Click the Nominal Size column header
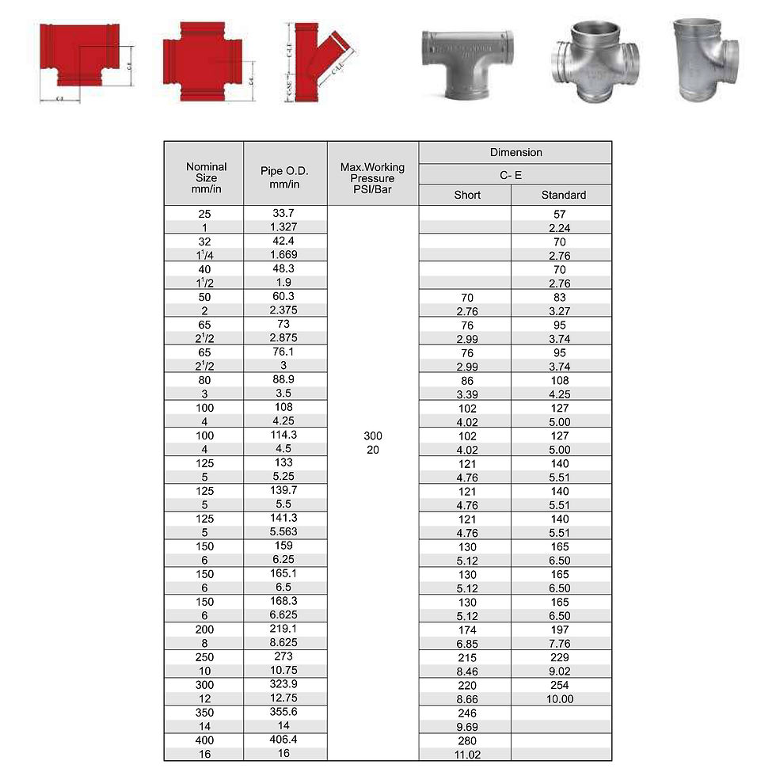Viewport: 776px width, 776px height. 206,178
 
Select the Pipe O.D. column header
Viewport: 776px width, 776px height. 284,177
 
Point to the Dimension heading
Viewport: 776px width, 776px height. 515,152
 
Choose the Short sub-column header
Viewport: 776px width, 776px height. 467,195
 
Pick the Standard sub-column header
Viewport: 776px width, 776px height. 563,195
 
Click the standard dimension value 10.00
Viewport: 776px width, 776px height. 560,699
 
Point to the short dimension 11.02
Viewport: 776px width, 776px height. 467,755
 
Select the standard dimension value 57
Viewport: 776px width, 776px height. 560,214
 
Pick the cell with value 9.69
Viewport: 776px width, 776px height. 467,727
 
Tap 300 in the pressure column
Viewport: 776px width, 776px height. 373,436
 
